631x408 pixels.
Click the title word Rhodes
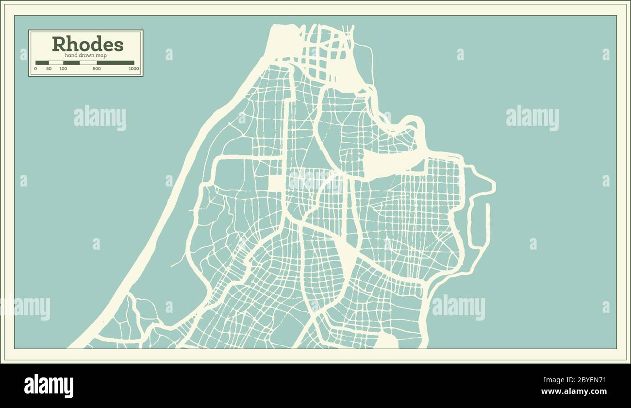(x=87, y=44)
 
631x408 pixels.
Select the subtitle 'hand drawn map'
(x=85, y=55)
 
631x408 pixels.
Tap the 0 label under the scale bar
(x=35, y=69)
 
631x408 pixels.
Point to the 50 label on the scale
(x=49, y=69)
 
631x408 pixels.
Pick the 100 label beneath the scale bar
(x=63, y=69)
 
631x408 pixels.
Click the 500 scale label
(x=97, y=69)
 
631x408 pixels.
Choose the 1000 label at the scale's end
(x=134, y=69)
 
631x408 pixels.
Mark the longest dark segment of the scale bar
(x=116, y=63)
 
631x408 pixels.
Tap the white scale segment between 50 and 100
(x=56, y=63)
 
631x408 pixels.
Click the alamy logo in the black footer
(x=49, y=386)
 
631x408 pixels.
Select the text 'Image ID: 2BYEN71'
(x=573, y=380)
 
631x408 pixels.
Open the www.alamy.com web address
(x=573, y=391)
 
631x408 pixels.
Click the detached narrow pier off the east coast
(x=487, y=226)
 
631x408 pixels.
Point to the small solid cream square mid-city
(x=276, y=183)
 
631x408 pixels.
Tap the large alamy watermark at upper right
(x=532, y=118)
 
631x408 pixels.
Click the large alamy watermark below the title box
(x=100, y=118)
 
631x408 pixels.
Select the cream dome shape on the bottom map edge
(x=387, y=341)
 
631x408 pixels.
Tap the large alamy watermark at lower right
(x=458, y=307)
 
